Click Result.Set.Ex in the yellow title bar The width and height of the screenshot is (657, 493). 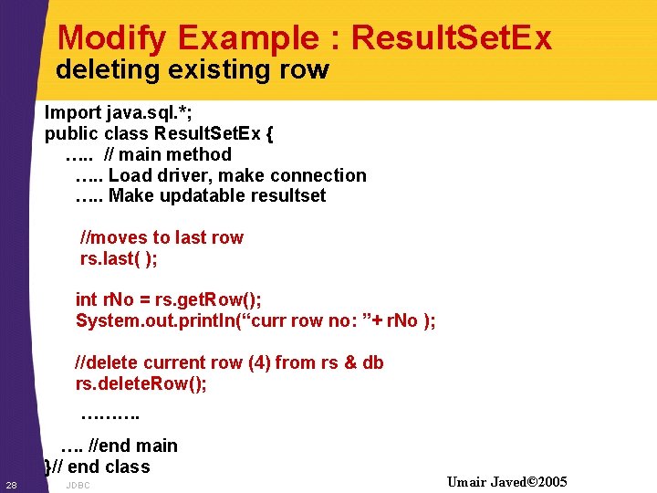451,38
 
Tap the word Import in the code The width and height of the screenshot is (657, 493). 73,113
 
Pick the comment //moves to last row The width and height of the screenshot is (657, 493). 162,238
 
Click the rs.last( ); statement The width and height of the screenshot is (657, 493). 119,259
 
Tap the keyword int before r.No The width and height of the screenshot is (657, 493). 86,300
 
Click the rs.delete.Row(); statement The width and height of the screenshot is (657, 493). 141,384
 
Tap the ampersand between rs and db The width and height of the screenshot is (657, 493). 350,363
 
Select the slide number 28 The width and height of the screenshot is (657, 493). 11,484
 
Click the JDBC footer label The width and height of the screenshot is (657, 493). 78,486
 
